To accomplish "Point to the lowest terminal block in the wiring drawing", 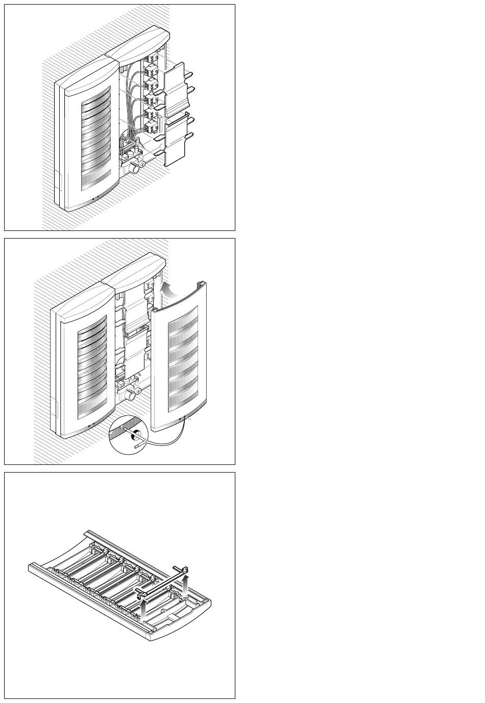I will coord(151,127).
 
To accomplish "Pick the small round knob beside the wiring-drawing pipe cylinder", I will coord(143,164).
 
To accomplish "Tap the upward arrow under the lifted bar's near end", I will coord(145,608).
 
